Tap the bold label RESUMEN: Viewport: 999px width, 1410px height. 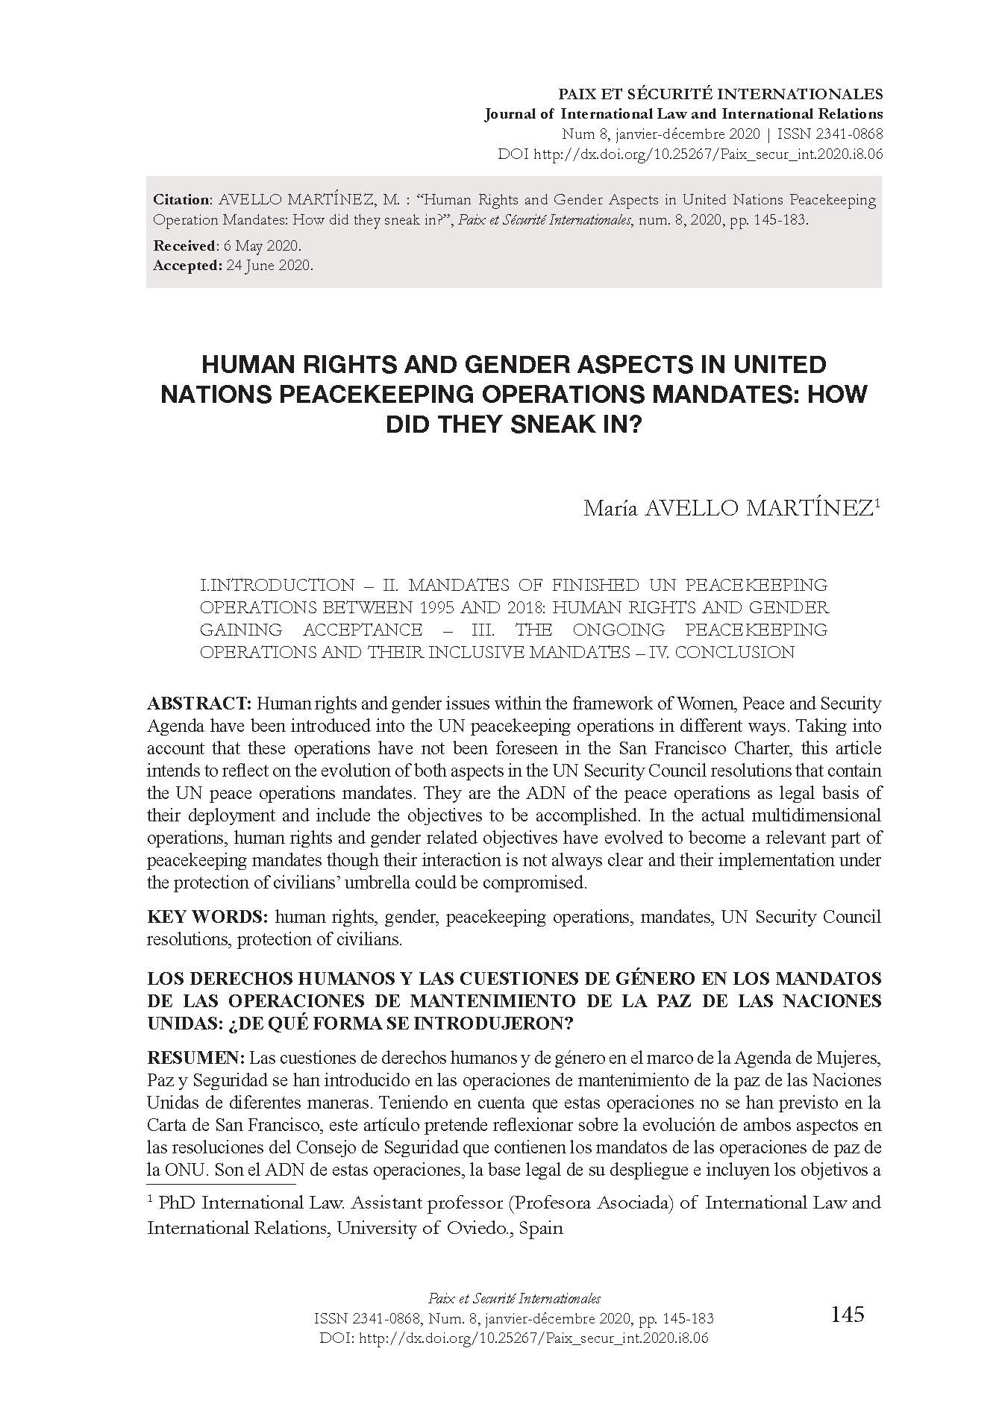point(195,1058)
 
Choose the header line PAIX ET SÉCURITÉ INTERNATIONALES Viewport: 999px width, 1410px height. point(721,95)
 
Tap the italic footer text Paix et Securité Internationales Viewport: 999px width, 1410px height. point(511,1299)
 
